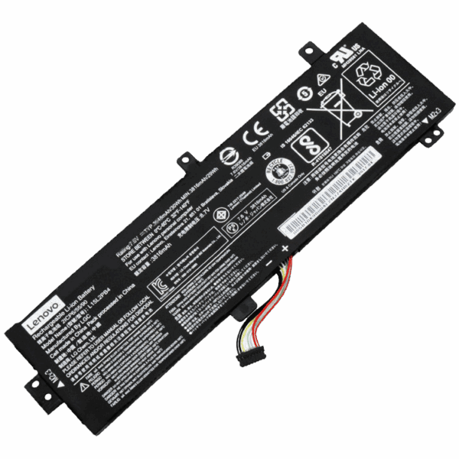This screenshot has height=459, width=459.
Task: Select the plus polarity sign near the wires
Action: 284,249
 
